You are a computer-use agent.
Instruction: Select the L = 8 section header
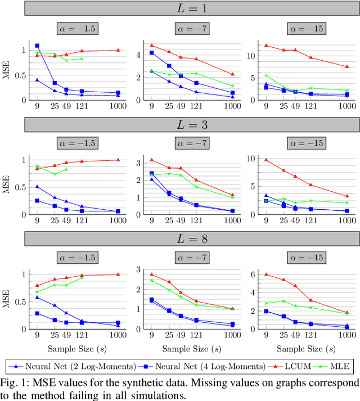click(180, 239)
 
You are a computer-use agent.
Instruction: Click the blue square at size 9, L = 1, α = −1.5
click(38, 46)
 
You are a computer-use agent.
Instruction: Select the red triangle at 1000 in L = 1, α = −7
click(232, 74)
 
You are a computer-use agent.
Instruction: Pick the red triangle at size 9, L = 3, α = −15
click(266, 159)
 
